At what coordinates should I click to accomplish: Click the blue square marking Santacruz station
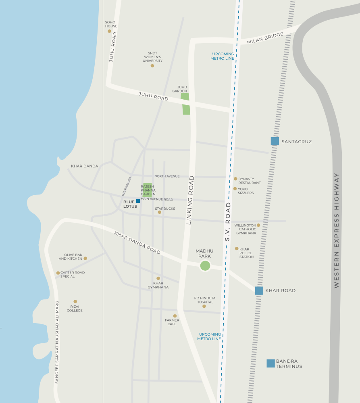(275, 141)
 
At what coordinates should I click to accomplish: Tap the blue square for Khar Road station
(259, 290)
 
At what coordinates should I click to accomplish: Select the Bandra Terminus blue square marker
(271, 363)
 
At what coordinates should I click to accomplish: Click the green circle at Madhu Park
(205, 266)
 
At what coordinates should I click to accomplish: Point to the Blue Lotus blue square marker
(138, 201)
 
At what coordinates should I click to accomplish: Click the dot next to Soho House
(109, 31)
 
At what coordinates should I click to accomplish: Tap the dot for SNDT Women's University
(152, 66)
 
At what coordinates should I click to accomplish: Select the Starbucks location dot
(159, 212)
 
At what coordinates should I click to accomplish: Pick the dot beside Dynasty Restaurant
(235, 179)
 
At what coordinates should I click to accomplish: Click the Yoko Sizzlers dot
(235, 188)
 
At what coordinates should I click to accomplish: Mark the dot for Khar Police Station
(237, 249)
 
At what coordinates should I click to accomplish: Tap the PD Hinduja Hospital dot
(204, 306)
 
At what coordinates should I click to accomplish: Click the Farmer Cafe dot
(175, 316)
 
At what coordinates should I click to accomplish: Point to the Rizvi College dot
(75, 301)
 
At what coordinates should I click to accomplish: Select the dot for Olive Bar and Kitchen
(85, 258)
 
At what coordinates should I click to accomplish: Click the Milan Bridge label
(266, 38)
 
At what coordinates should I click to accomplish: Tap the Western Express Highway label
(337, 230)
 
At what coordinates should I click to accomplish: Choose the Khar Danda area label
(85, 166)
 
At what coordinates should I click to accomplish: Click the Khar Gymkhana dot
(158, 278)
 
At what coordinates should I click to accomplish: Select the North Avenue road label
(167, 176)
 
